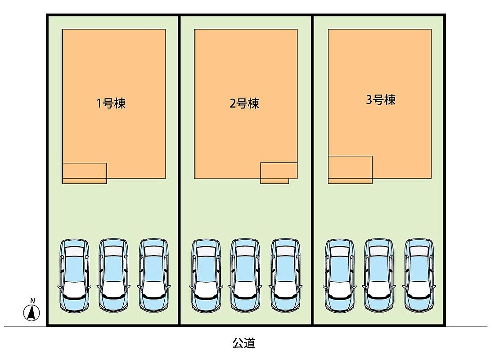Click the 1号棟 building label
[111, 103]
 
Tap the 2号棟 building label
[244, 103]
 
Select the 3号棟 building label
[381, 100]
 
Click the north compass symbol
[32, 313]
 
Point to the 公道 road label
[244, 343]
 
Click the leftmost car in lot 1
[74, 276]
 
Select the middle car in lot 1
[114, 276]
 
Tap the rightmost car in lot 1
[154, 276]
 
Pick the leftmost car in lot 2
[206, 276]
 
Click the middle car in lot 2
[245, 276]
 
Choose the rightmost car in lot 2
[285, 276]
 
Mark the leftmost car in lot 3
[340, 276]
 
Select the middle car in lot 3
[379, 276]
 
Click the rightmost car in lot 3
[419, 276]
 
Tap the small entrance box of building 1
[85, 173]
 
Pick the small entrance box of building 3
[351, 170]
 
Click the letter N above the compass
[32, 301]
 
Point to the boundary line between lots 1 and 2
[180, 171]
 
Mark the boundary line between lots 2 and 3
[313, 171]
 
